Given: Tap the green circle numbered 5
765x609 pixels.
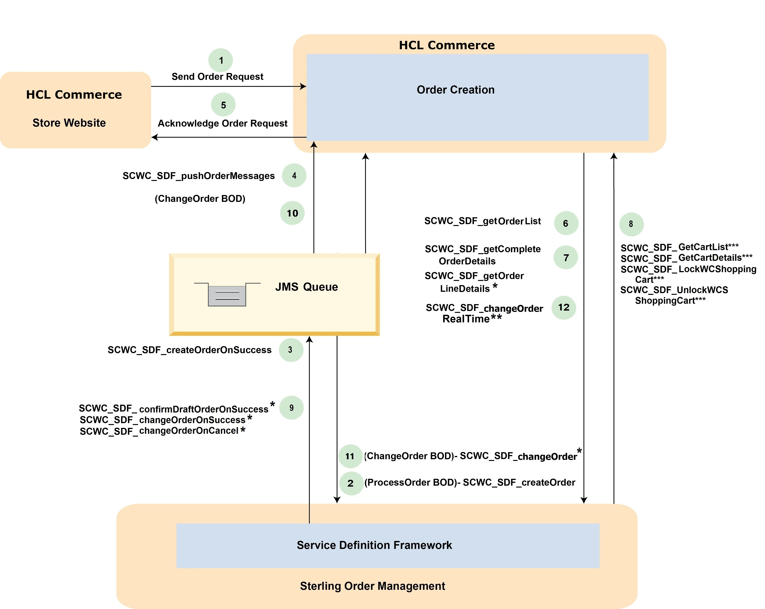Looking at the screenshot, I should [x=223, y=105].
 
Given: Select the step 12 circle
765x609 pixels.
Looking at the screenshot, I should [x=564, y=308].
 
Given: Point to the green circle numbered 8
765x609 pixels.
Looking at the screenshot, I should [x=631, y=224].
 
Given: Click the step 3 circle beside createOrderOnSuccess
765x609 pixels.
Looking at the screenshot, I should [x=291, y=350].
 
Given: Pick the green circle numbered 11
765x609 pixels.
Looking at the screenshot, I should [x=350, y=456].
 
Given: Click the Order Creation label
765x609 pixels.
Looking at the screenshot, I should [x=456, y=90].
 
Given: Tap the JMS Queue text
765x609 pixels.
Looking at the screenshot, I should [x=307, y=287].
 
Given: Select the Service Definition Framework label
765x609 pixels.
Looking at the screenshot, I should [x=374, y=545].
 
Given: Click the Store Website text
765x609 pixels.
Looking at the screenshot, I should [x=69, y=123].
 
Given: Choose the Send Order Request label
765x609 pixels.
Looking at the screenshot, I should [x=218, y=77].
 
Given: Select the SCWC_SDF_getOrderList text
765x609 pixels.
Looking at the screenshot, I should [x=482, y=221].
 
